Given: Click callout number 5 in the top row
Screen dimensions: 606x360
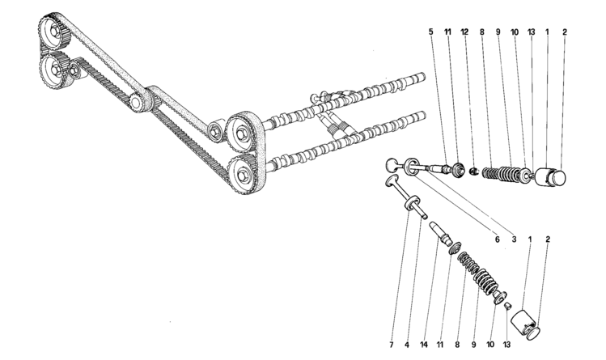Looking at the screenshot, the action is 431,32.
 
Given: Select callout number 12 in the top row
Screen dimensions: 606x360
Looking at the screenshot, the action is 464,32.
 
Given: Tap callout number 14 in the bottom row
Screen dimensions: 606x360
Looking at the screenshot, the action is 424,344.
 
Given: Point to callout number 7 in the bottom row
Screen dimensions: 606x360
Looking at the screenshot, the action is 392,344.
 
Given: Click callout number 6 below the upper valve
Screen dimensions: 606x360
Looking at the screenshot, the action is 497,240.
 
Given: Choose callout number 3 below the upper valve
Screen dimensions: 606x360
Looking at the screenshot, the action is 514,240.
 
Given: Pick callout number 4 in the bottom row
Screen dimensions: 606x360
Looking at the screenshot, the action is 407,344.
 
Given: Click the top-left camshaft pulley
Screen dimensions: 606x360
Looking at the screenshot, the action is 54,30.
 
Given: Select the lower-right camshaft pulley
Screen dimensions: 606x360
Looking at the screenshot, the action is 243,174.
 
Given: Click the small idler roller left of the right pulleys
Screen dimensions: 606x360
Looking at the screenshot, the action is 215,130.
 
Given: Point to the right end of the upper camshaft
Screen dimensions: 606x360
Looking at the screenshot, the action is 424,77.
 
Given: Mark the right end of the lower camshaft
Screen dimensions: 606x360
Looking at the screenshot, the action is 424,116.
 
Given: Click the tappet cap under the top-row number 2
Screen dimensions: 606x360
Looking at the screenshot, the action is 558,177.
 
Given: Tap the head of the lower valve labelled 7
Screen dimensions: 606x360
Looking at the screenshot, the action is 392,180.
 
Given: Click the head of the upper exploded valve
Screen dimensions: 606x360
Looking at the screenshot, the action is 392,164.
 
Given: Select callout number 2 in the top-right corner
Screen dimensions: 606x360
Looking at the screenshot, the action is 564,32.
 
